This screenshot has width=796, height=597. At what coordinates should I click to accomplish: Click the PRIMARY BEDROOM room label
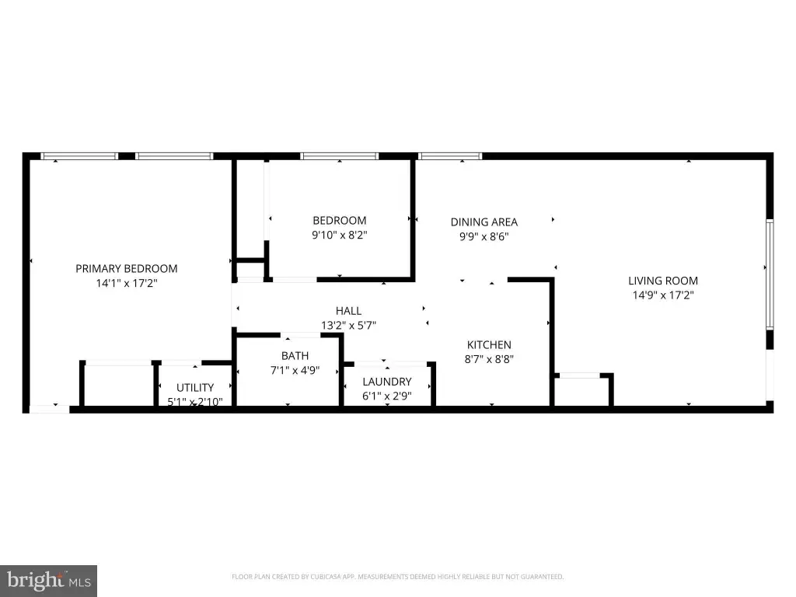pyautogui.click(x=127, y=268)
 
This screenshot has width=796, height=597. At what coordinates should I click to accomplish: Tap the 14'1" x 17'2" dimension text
pyautogui.click(x=127, y=283)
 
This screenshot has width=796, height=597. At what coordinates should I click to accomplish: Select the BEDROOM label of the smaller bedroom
pyautogui.click(x=340, y=220)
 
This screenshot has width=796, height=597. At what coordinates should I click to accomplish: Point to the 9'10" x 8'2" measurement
pyautogui.click(x=340, y=235)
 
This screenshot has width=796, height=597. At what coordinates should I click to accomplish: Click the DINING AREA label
pyautogui.click(x=484, y=222)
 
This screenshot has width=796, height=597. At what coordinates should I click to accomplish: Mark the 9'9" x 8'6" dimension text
pyautogui.click(x=484, y=236)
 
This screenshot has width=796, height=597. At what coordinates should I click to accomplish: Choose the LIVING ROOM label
pyautogui.click(x=663, y=281)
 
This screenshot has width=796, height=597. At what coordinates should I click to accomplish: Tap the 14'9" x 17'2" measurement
pyautogui.click(x=663, y=295)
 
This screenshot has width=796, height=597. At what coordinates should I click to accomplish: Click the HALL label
pyautogui.click(x=348, y=311)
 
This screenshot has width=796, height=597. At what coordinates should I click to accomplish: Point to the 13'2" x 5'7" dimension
pyautogui.click(x=348, y=326)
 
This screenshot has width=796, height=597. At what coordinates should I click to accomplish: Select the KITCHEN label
pyautogui.click(x=490, y=344)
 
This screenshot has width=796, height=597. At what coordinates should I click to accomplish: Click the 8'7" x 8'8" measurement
pyautogui.click(x=490, y=359)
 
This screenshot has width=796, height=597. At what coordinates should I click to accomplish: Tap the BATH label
pyautogui.click(x=295, y=356)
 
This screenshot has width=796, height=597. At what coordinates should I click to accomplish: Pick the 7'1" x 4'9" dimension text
pyautogui.click(x=295, y=371)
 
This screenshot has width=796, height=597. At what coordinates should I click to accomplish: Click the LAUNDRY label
pyautogui.click(x=387, y=382)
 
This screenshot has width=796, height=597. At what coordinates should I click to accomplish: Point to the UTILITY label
pyautogui.click(x=195, y=388)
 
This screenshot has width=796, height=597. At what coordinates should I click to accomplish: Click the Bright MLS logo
pyautogui.click(x=49, y=581)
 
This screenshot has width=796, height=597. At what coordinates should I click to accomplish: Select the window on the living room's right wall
pyautogui.click(x=770, y=274)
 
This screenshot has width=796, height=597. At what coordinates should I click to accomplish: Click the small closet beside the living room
pyautogui.click(x=581, y=392)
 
